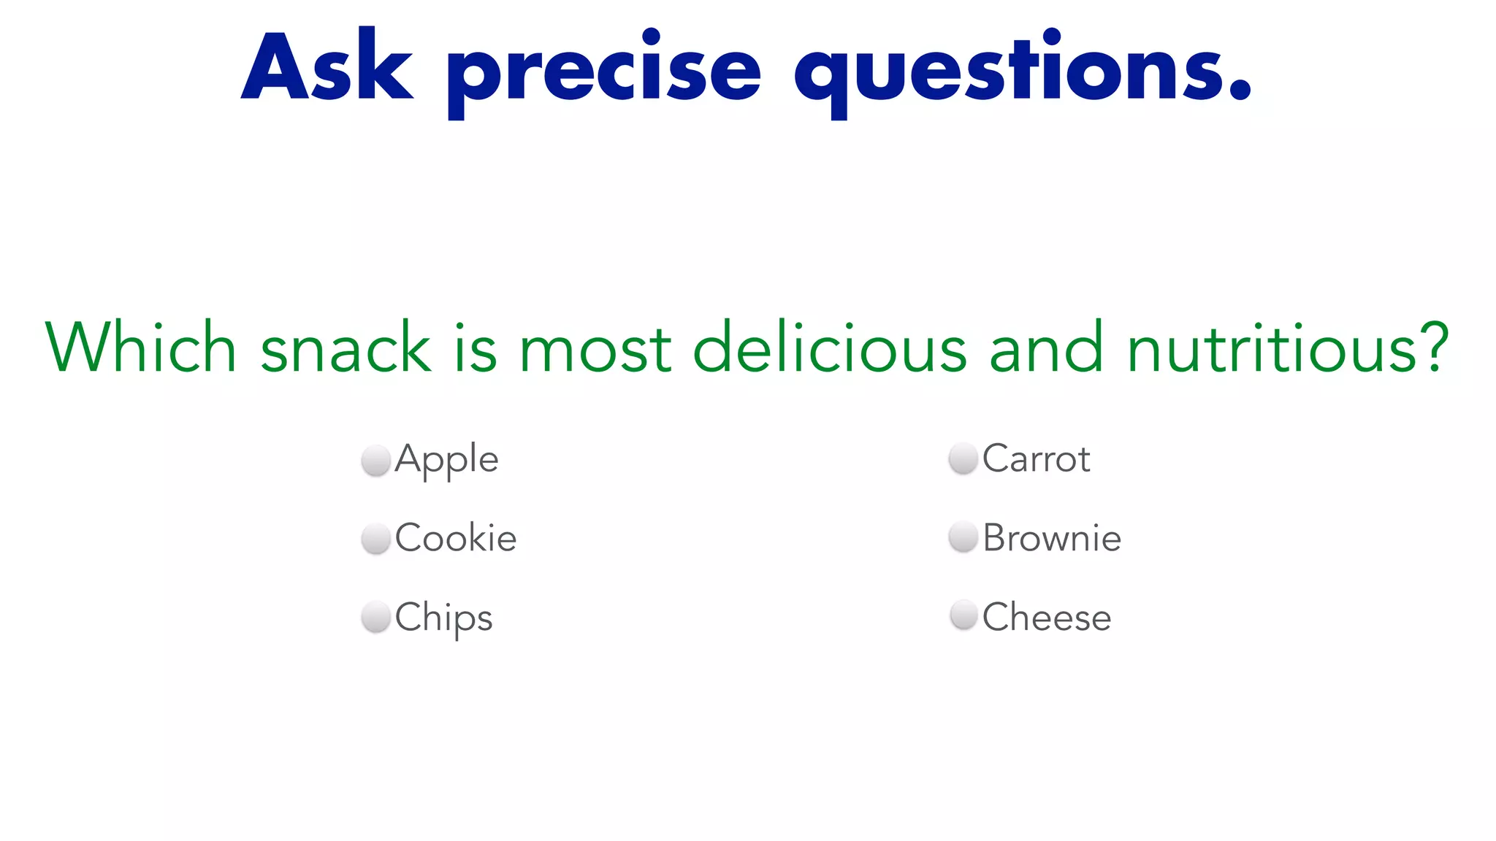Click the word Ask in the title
click(x=327, y=67)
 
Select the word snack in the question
click(x=346, y=347)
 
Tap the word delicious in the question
click(x=830, y=347)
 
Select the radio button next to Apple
click(x=376, y=461)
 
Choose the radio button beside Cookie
click(x=376, y=539)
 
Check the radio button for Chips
click(x=376, y=617)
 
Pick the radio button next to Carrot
click(x=963, y=459)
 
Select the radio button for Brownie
click(x=963, y=537)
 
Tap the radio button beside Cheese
click(x=963, y=615)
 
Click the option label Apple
click(x=447, y=460)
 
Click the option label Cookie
click(x=456, y=538)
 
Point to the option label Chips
click(x=444, y=618)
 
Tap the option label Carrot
click(x=1036, y=459)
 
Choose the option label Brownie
click(x=1052, y=538)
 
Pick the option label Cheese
click(x=1047, y=617)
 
